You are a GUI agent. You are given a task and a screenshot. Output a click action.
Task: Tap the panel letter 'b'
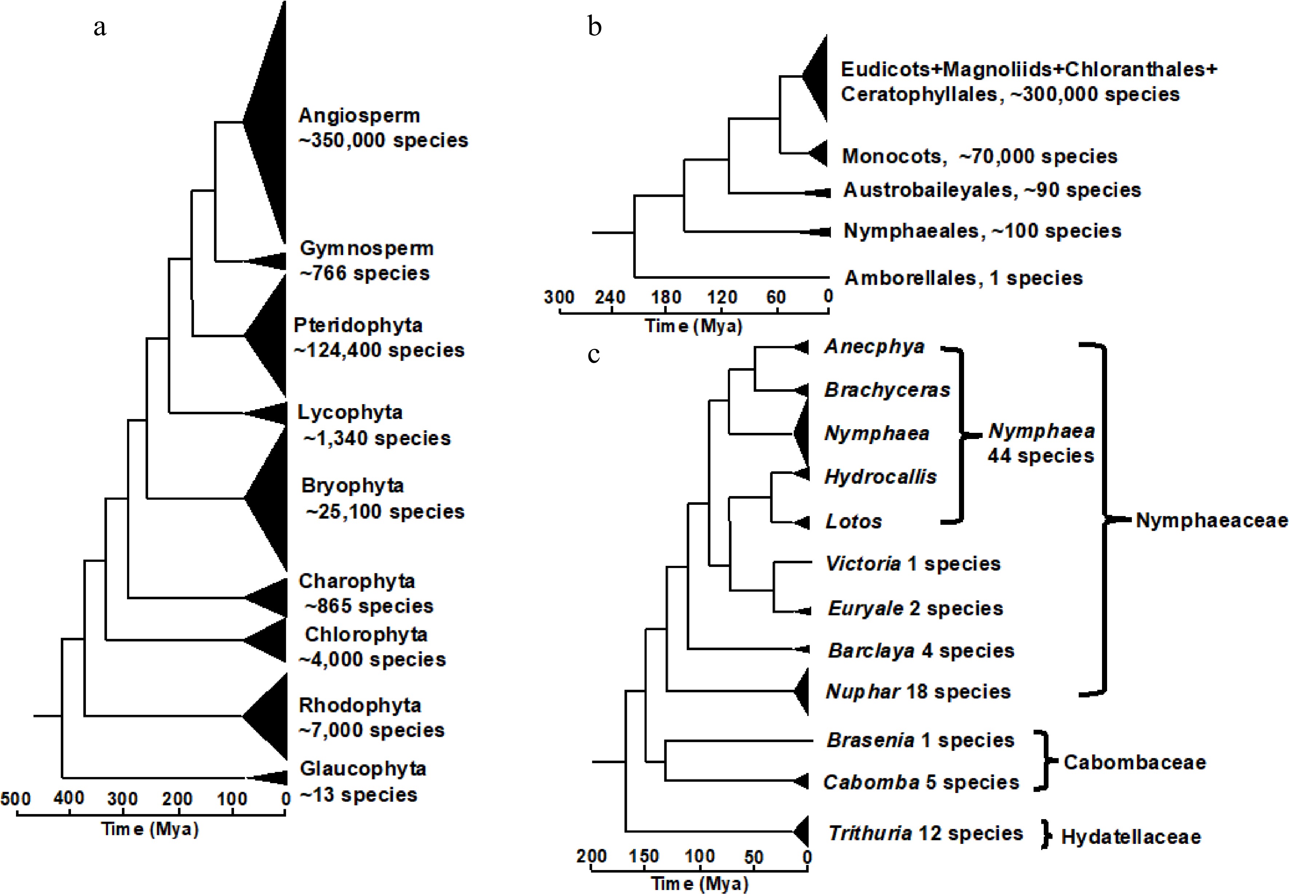pos(594,26)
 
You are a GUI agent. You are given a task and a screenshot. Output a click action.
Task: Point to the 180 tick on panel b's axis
pos(665,297)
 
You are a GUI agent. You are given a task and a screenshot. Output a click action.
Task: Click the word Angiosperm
pos(359,115)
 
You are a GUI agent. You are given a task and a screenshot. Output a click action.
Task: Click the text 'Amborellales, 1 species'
pos(963,278)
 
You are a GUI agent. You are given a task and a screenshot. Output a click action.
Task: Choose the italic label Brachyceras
pos(887,390)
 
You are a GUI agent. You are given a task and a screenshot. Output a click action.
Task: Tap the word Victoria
pos(863,563)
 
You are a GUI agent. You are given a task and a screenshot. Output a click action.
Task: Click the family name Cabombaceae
pos(1134,762)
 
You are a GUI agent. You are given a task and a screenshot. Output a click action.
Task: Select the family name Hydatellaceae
pos(1131,837)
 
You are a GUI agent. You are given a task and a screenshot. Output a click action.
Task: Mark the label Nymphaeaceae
pos(1211,520)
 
